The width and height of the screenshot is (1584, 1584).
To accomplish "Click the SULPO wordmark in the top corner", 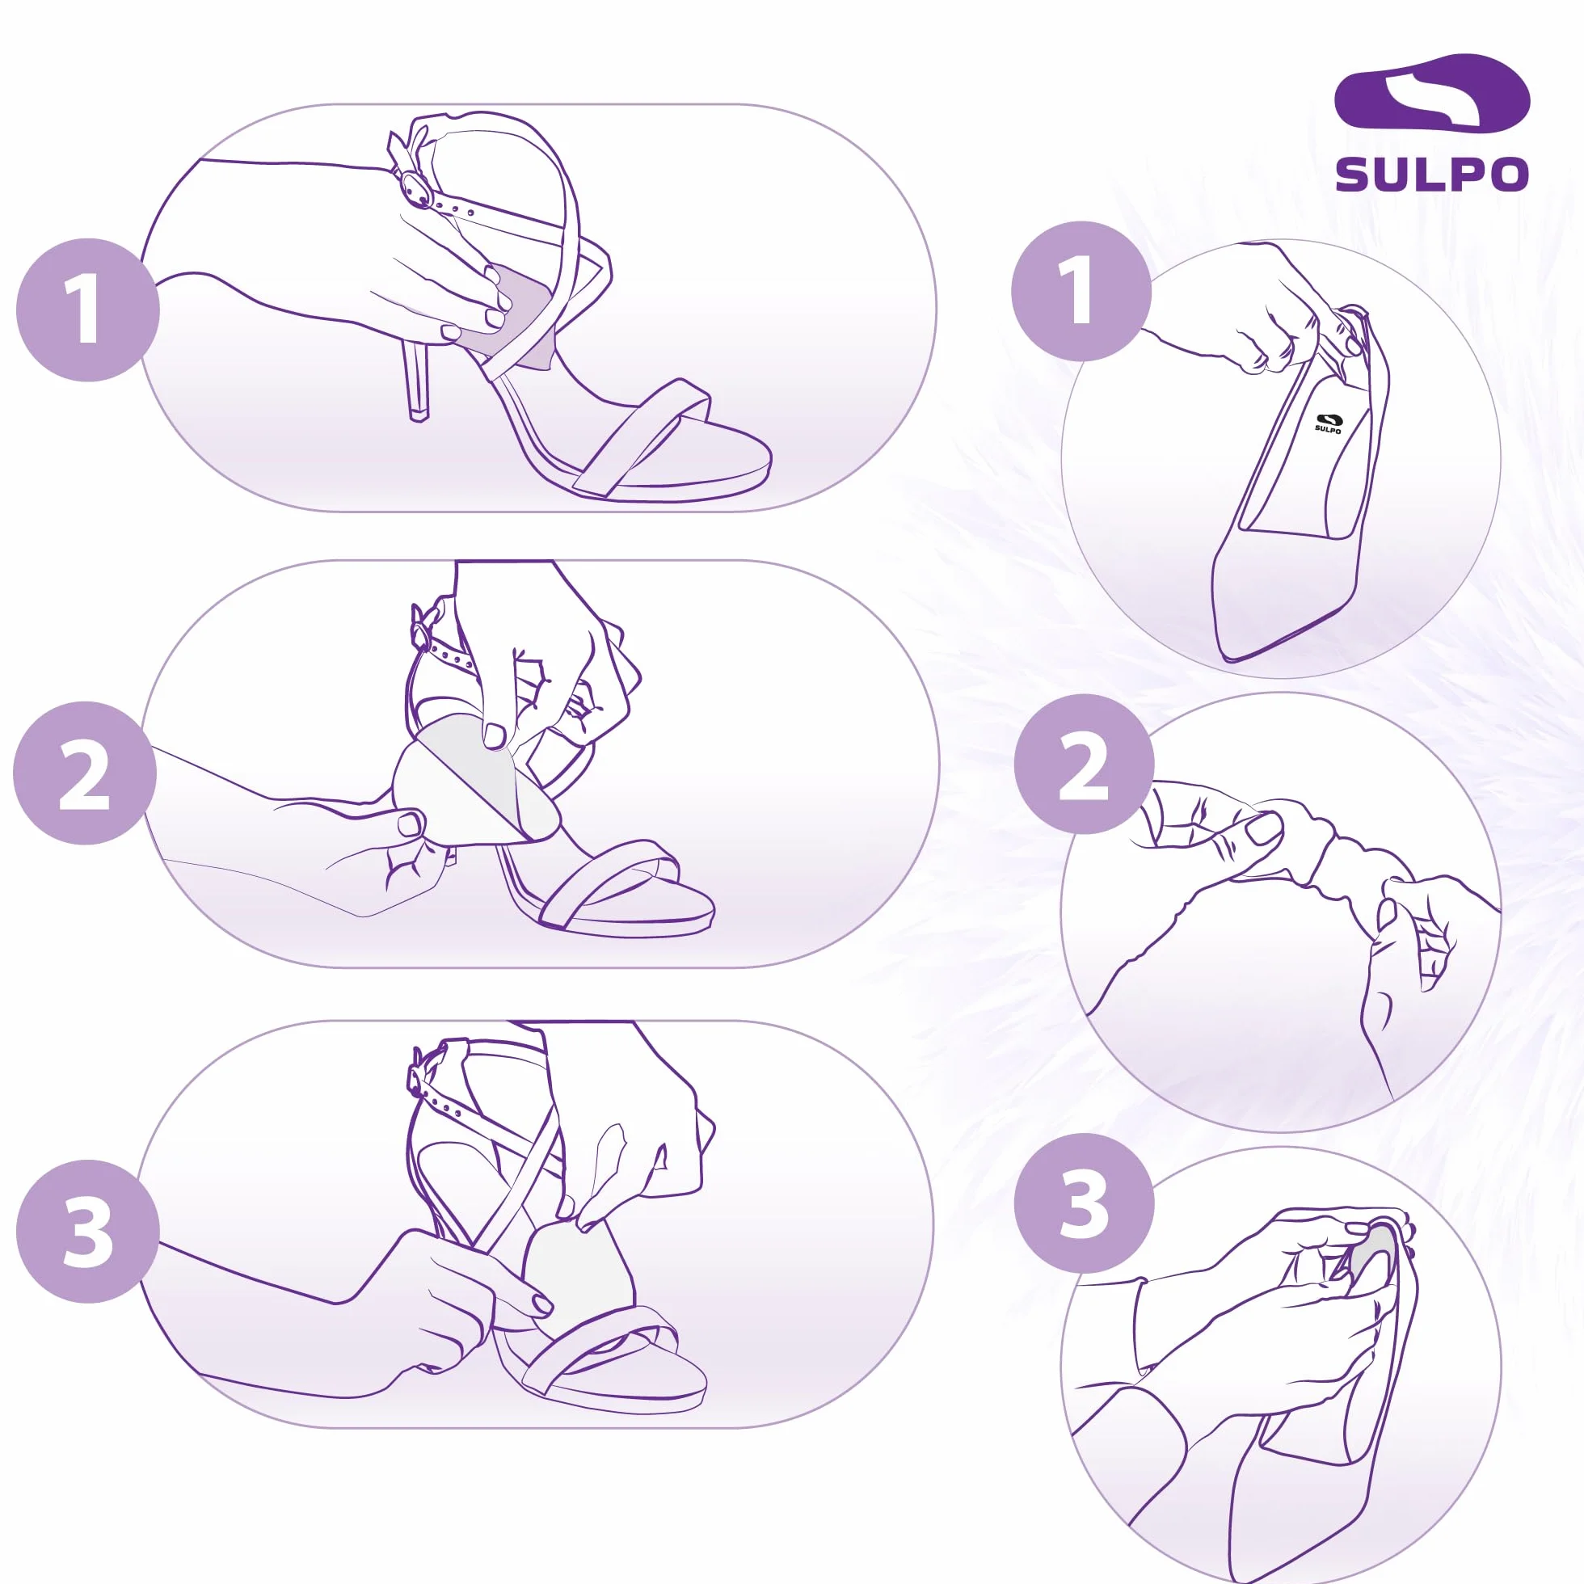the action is (x=1431, y=174).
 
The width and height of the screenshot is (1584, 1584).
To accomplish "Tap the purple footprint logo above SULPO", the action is (x=1431, y=93).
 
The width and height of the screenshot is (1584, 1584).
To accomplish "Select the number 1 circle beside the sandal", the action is (x=88, y=310).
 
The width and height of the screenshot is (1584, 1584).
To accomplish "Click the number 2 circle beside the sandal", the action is (x=84, y=773).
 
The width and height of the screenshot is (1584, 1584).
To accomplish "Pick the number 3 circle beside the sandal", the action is (x=88, y=1232).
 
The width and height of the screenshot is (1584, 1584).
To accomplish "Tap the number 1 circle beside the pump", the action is (x=1081, y=291).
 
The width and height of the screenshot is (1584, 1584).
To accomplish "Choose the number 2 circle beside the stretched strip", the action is (x=1084, y=765).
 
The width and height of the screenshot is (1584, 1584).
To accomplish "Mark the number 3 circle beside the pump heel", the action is (x=1084, y=1203).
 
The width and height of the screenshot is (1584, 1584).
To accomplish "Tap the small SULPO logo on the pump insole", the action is (x=1328, y=423).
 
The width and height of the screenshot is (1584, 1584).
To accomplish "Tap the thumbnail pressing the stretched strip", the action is (x=1262, y=829).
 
